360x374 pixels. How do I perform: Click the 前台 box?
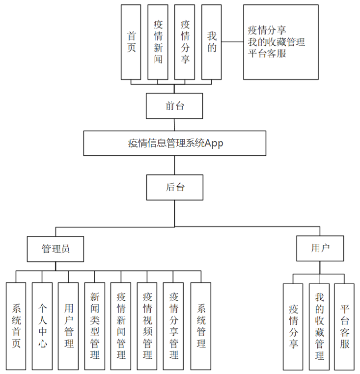[174, 106]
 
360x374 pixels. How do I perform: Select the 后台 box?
[174, 187]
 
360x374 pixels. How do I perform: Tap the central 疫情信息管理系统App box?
[174, 143]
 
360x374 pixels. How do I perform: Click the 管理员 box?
[55, 249]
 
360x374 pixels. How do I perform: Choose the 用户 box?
[320, 249]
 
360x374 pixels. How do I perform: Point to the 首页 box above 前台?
[131, 42]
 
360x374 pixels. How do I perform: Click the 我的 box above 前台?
[211, 42]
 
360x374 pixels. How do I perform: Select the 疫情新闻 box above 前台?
[158, 42]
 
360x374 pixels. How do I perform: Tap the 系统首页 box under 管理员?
[16, 326]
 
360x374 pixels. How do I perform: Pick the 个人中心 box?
[42, 326]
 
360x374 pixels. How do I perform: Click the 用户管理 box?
[68, 326]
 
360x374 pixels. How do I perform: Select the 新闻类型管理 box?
[95, 326]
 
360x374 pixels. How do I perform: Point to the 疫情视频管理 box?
[147, 326]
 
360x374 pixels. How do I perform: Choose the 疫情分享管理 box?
[174, 326]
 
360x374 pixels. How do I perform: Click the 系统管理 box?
[200, 326]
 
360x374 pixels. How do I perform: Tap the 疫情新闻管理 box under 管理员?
[121, 326]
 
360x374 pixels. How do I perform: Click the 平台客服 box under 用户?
[344, 326]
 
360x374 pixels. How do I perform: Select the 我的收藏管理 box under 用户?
[319, 326]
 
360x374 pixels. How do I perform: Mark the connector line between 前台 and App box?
[174, 125]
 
